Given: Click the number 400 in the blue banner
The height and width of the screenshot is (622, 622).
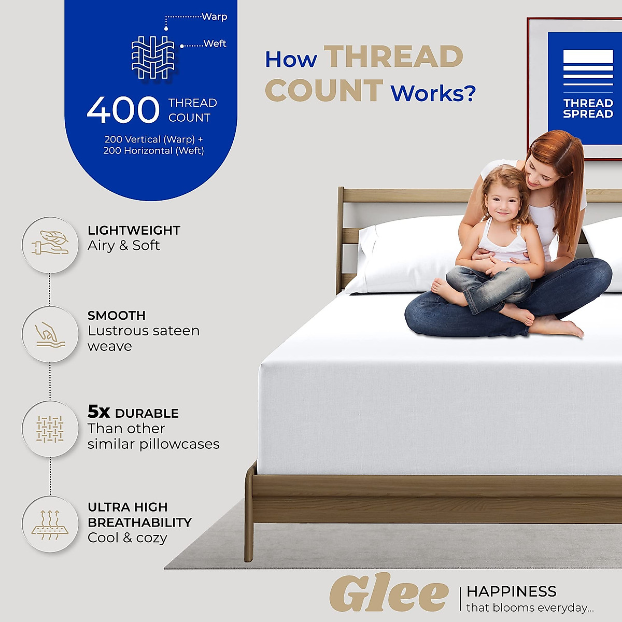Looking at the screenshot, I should [x=123, y=110].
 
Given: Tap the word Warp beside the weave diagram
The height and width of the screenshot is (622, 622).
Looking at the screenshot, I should [x=214, y=17].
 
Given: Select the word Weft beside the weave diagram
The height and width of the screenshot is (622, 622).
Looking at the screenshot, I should [x=215, y=44].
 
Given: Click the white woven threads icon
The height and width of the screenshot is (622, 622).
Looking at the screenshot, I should [x=152, y=57].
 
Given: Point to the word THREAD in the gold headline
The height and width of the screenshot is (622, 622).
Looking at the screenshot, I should [x=393, y=56].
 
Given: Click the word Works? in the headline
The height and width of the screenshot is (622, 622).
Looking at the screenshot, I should [x=433, y=93].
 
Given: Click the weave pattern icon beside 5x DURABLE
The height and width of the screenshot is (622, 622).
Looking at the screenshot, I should [x=50, y=429].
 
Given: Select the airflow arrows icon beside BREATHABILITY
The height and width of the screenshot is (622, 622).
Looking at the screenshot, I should [x=50, y=524].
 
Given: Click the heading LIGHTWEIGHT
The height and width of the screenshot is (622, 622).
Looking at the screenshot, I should [x=134, y=230].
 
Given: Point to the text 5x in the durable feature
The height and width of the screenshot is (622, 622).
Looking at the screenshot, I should [x=98, y=412].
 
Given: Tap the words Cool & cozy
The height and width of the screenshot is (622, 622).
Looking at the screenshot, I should [x=128, y=538].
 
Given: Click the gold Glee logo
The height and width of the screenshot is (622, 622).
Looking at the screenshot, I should [x=389, y=594].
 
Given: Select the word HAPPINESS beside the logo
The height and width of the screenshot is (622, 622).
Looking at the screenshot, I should [x=511, y=591].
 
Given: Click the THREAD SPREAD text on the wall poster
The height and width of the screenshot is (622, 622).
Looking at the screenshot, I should [x=588, y=108].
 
